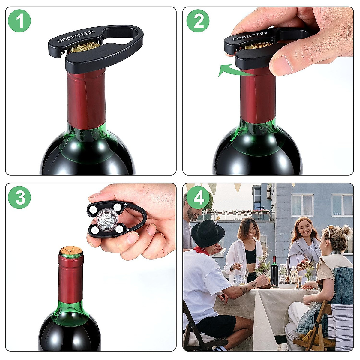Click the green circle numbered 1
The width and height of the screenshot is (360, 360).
[x=19, y=21]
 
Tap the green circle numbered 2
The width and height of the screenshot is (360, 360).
[x=198, y=21]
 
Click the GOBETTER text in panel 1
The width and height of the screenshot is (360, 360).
[x=76, y=36]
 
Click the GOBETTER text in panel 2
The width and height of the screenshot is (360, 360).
[x=250, y=36]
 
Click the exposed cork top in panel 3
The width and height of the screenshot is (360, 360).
[x=71, y=251]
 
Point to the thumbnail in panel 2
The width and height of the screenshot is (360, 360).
[x=281, y=64]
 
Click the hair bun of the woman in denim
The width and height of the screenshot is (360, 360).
[x=346, y=230]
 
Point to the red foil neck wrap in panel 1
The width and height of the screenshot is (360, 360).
[x=86, y=99]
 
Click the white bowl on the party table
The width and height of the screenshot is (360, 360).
[x=287, y=286]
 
